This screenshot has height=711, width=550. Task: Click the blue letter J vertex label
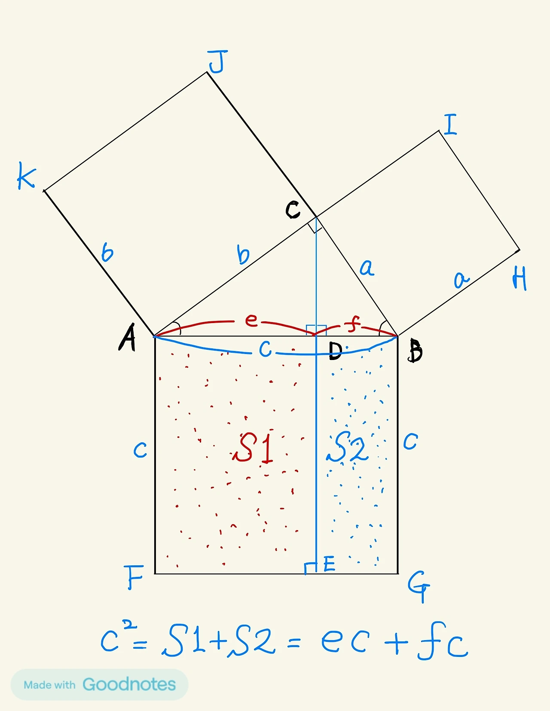[217, 61]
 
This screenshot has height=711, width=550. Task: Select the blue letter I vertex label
[450, 125]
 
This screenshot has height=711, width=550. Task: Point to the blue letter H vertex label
[519, 279]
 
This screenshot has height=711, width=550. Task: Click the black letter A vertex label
[127, 338]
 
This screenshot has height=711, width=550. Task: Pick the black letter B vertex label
[416, 351]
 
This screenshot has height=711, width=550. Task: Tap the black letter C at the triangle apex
[293, 210]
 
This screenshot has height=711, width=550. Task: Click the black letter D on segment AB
[335, 351]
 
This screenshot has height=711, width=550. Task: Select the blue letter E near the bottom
[329, 564]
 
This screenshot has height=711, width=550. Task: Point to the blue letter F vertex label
[134, 577]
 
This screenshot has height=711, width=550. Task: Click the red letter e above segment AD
[251, 320]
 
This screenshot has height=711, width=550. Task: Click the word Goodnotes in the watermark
[129, 684]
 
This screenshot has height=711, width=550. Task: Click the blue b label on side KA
[107, 252]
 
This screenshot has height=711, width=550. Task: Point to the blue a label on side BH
[461, 280]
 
